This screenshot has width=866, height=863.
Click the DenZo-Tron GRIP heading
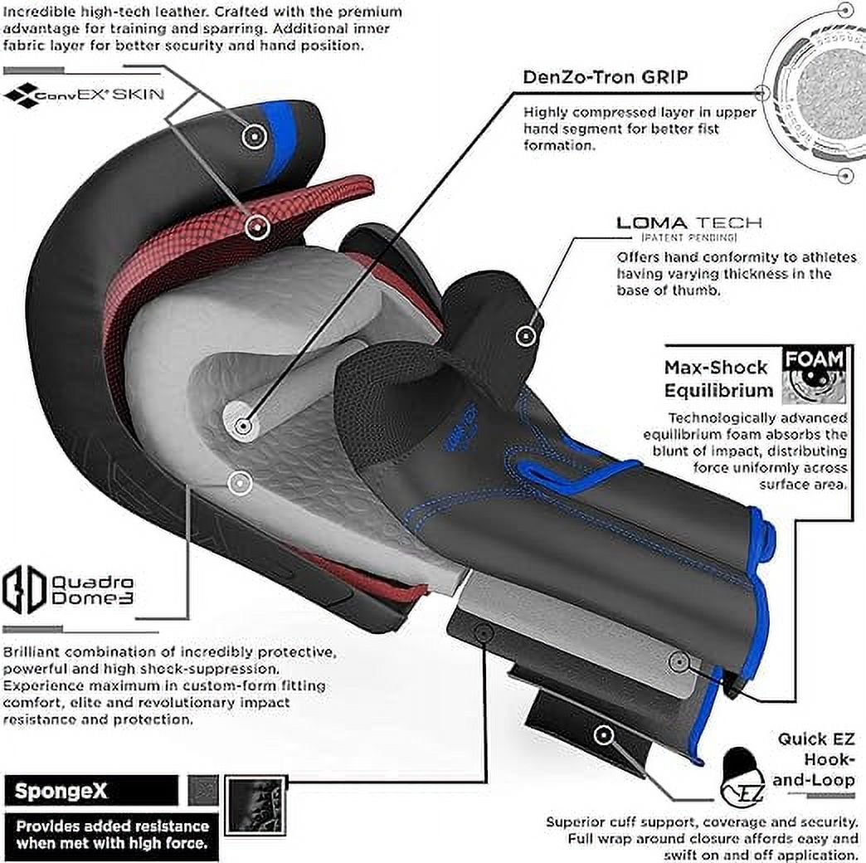(x=606, y=77)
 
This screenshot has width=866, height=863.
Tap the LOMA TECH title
(x=688, y=223)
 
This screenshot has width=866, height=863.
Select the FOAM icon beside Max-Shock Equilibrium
(x=815, y=375)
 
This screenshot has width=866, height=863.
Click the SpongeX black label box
(x=91, y=791)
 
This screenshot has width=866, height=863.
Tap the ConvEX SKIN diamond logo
(x=20, y=95)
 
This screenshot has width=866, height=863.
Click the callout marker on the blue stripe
(x=254, y=135)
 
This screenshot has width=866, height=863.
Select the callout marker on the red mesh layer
(x=257, y=227)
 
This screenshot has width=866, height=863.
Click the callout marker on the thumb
(x=527, y=335)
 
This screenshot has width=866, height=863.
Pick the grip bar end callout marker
(x=242, y=427)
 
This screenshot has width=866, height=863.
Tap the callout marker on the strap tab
(x=604, y=735)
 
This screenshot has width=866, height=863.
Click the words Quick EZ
(x=816, y=739)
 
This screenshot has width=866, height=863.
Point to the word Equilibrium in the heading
(x=718, y=391)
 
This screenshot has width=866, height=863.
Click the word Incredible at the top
(x=36, y=11)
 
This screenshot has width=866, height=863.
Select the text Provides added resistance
(x=112, y=826)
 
